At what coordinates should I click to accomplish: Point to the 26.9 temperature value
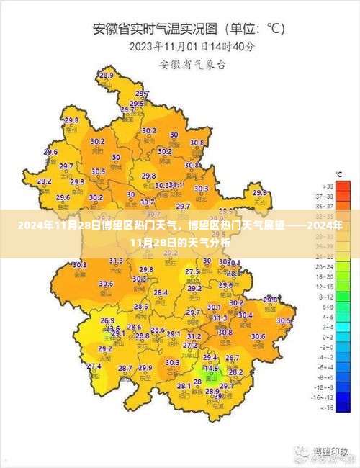click(x=107, y=320)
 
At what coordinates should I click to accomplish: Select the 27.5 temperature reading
click(x=192, y=271)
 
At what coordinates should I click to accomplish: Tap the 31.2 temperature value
click(x=194, y=336)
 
